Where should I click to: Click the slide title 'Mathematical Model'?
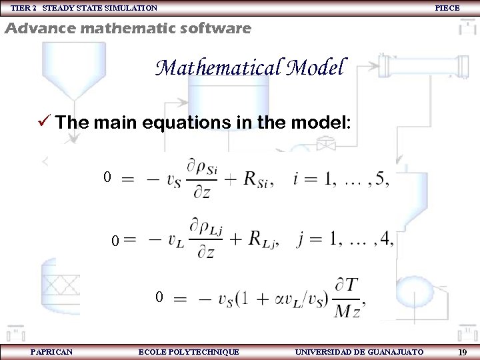coord(251,68)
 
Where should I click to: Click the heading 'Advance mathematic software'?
coord(128,29)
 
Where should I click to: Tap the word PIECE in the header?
coord(447,8)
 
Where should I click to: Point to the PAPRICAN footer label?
coord(52,351)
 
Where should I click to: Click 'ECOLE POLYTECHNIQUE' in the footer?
coord(189,351)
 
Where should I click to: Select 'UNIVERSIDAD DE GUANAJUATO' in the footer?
coord(359,351)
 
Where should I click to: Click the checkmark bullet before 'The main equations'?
coord(45,122)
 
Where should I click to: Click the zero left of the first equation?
coord(107,178)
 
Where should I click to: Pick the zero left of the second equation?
coord(115,240)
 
